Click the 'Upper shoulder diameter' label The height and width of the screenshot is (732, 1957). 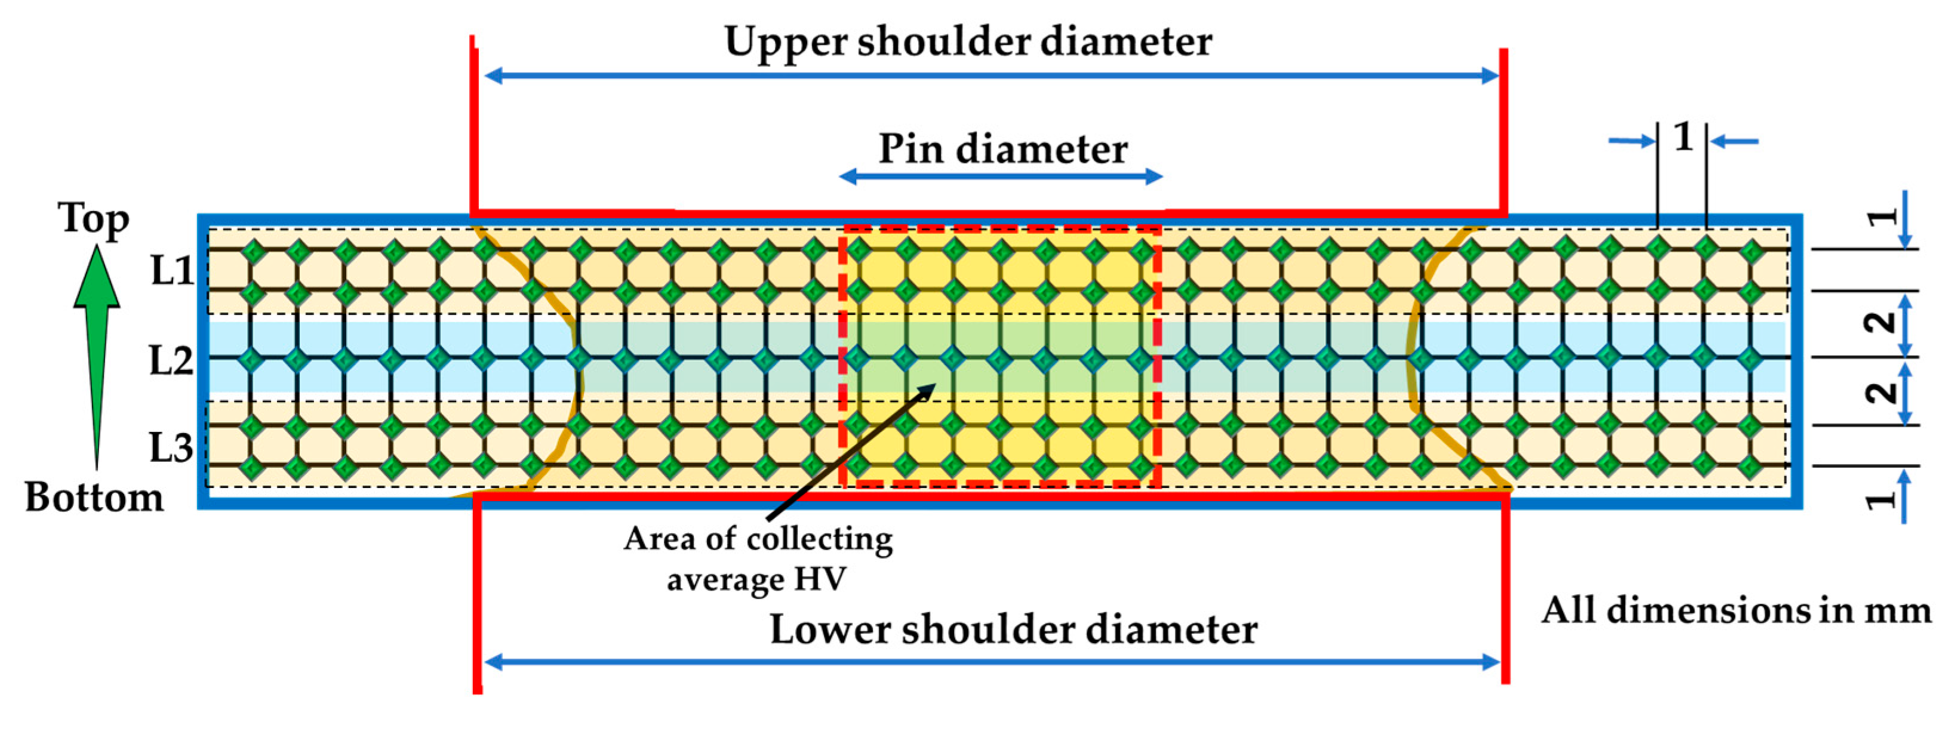[x=968, y=42]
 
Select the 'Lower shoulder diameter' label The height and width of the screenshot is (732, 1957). [x=1014, y=629]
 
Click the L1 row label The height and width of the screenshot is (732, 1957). [x=172, y=270]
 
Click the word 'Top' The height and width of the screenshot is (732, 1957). [x=94, y=220]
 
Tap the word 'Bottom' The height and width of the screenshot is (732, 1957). [x=94, y=498]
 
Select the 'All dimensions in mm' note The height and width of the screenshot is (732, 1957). [x=1736, y=610]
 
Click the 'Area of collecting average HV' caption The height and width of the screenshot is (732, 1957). [x=758, y=559]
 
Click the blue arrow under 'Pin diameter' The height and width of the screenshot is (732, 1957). [x=1001, y=177]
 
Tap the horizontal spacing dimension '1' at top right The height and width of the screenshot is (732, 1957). [x=1684, y=137]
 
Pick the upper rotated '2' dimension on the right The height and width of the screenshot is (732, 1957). [x=1881, y=323]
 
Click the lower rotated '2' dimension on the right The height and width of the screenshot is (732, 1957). [x=1881, y=393]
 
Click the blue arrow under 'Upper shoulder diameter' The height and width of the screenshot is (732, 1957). [x=992, y=75]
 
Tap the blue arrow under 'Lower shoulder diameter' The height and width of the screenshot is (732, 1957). [x=992, y=662]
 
